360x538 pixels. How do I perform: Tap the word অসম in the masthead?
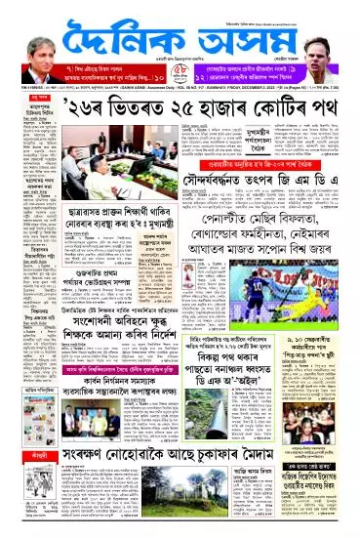(x=239, y=38)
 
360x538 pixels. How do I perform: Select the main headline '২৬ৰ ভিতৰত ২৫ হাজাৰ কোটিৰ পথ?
(x=180, y=105)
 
